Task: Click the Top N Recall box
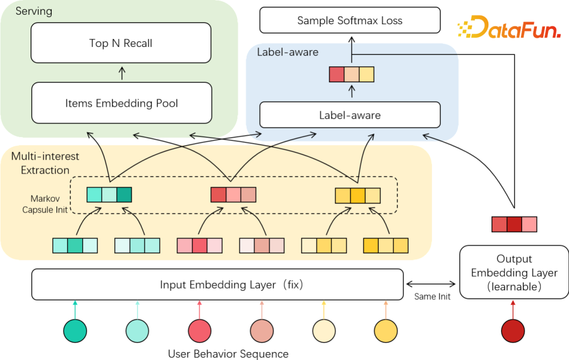click(x=121, y=43)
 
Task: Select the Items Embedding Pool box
click(x=121, y=103)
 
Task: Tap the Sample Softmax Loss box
click(x=350, y=21)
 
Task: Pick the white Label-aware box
click(x=350, y=115)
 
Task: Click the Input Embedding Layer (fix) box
click(x=218, y=285)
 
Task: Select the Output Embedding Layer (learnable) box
click(x=514, y=273)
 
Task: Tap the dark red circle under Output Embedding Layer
click(x=513, y=331)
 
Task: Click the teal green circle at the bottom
click(x=75, y=331)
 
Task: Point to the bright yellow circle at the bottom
click(x=386, y=331)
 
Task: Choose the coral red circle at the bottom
click(x=200, y=331)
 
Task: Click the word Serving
click(x=34, y=11)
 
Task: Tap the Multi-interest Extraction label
click(x=45, y=163)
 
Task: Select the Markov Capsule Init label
click(x=46, y=204)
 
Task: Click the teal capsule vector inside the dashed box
click(x=109, y=195)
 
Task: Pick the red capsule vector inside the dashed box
click(x=233, y=195)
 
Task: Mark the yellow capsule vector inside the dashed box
click(x=358, y=196)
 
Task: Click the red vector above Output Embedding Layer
click(x=514, y=224)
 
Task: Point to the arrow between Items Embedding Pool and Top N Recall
click(x=122, y=73)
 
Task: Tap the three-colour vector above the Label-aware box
click(x=351, y=74)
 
